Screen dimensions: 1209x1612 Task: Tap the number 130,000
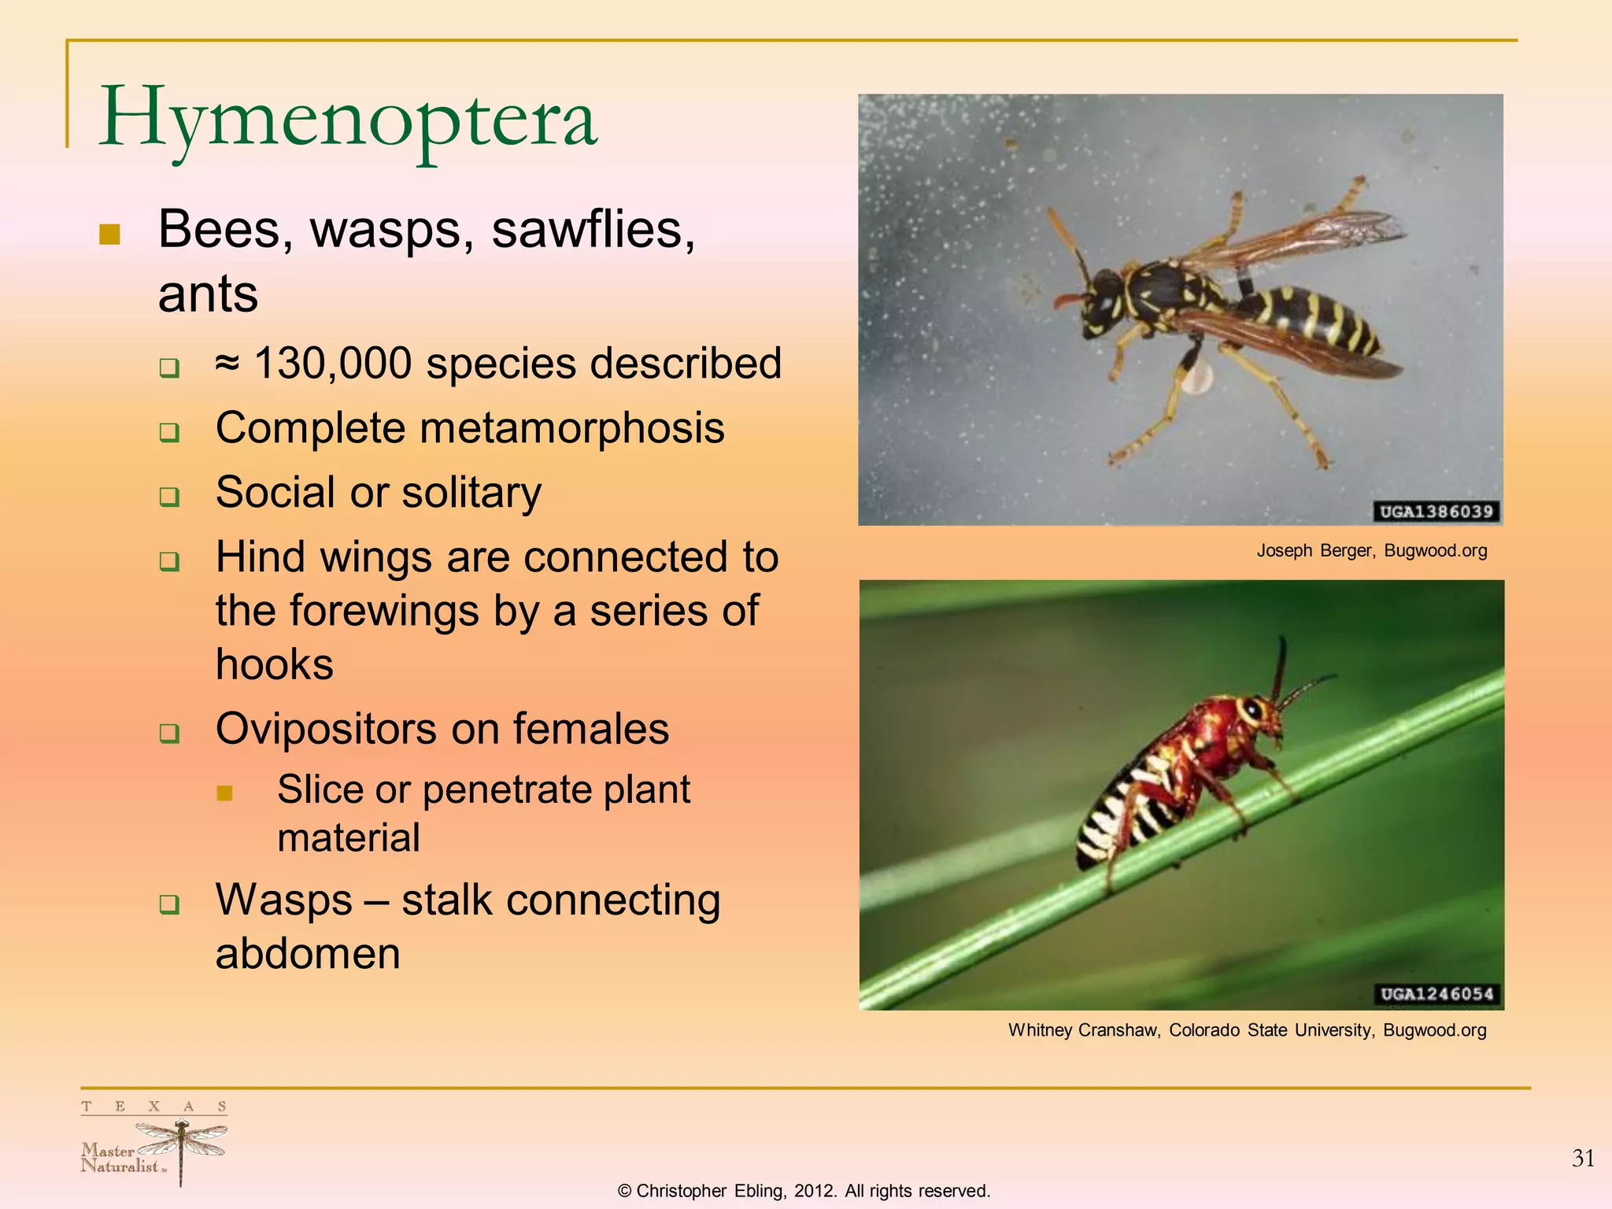pos(333,364)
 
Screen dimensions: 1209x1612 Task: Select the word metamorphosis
pos(571,428)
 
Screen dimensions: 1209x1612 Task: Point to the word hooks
pos(275,664)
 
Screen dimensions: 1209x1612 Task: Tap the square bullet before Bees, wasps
pos(109,234)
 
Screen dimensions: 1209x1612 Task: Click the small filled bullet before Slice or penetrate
pos(224,793)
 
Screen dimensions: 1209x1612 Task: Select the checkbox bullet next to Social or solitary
pos(169,497)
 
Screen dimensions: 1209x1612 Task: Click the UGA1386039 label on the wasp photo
pos(1436,512)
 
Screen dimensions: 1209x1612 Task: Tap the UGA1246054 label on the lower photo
pos(1436,994)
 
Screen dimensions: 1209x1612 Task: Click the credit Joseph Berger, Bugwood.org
pos(1371,551)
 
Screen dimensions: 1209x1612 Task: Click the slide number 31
pos(1583,1159)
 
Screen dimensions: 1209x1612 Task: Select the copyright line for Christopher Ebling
pos(804,1191)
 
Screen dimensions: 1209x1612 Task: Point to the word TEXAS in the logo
pos(153,1107)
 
